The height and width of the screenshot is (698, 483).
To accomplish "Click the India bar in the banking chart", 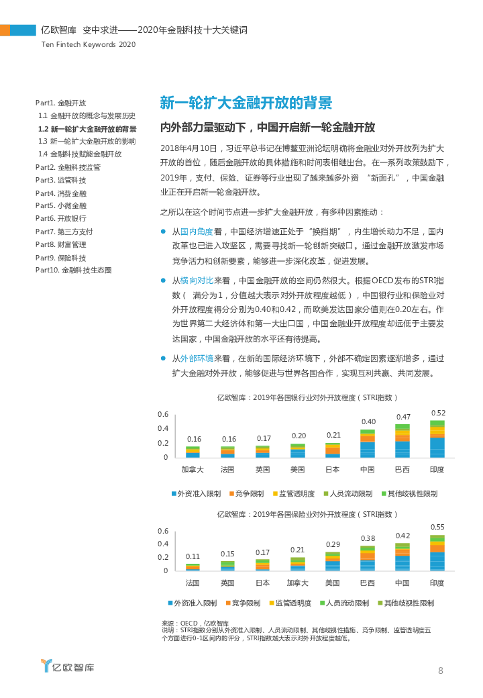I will pyautogui.click(x=437, y=440).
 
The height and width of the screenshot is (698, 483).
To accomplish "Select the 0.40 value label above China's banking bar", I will pyautogui.click(x=368, y=421).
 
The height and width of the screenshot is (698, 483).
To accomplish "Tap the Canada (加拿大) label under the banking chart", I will pyautogui.click(x=193, y=469).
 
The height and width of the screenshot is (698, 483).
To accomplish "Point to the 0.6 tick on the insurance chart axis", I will pyautogui.click(x=163, y=531).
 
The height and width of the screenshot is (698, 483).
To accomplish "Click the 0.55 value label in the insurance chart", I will pyautogui.click(x=437, y=527).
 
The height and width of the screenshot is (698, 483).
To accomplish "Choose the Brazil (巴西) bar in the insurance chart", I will pyautogui.click(x=368, y=558).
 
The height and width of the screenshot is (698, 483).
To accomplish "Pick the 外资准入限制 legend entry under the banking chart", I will pyautogui.click(x=195, y=493).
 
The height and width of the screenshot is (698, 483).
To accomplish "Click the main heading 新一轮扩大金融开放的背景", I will pyautogui.click(x=246, y=103).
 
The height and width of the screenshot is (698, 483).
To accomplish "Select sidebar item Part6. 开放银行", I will pyautogui.click(x=60, y=219).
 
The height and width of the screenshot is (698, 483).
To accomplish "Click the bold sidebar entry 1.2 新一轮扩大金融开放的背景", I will pyautogui.click(x=87, y=129).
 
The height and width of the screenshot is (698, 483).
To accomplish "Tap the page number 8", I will pyautogui.click(x=440, y=670).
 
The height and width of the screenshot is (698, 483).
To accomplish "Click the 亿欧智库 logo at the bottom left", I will pyautogui.click(x=67, y=666).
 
